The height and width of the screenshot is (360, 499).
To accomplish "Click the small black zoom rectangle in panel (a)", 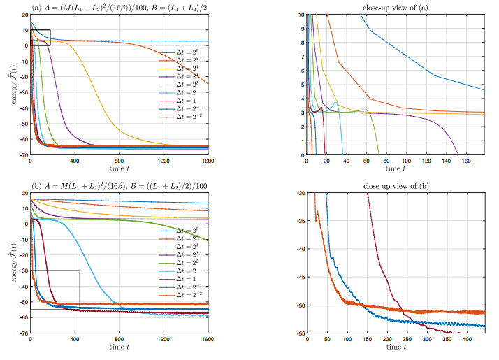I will [41, 38].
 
